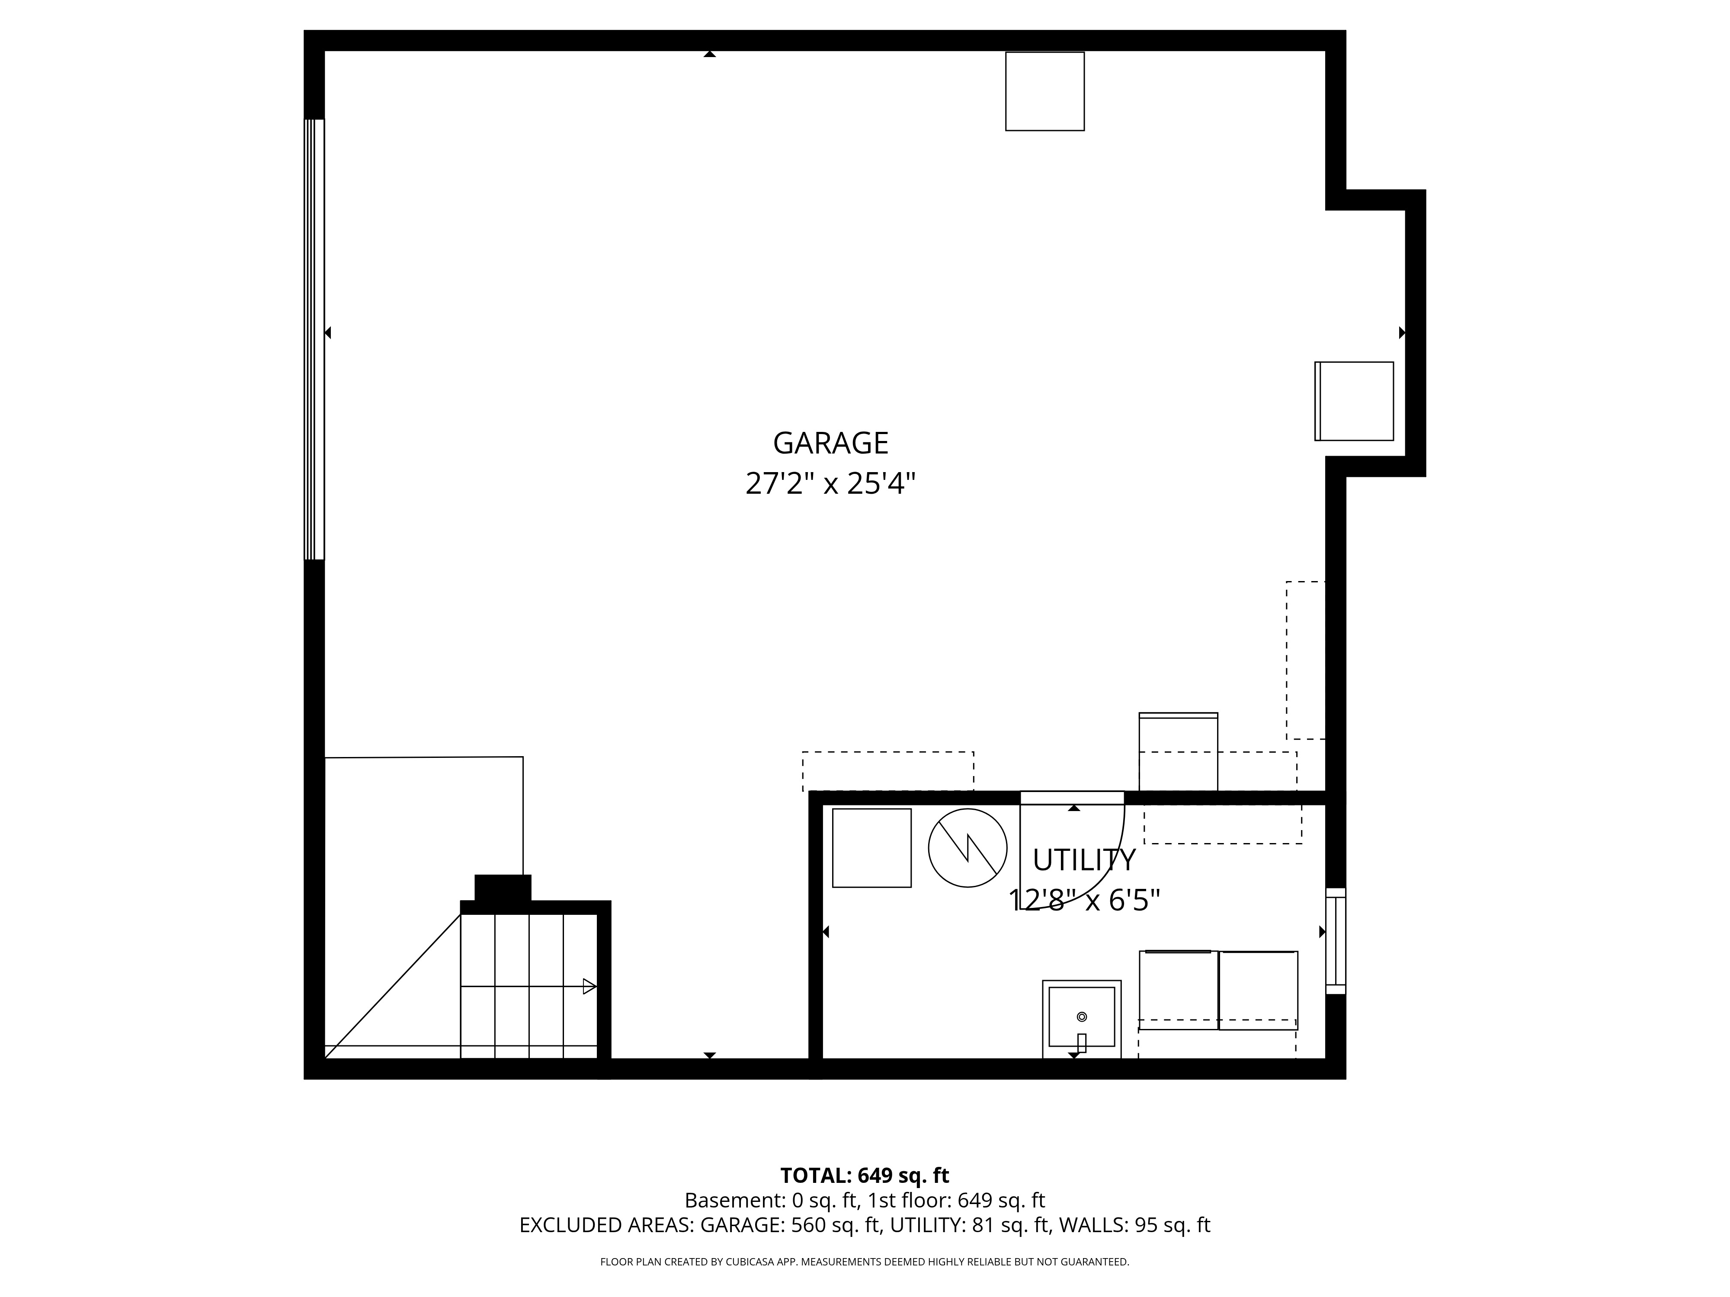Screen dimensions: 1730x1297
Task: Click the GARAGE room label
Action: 830,443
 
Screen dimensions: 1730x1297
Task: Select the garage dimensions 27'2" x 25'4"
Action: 830,484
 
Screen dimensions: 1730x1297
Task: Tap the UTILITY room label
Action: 1084,860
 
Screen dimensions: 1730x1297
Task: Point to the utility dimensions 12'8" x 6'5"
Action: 1084,901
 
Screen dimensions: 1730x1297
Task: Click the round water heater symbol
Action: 968,848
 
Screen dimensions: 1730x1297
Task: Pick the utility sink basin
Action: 1082,1016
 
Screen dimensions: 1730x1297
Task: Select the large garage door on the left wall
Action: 314,339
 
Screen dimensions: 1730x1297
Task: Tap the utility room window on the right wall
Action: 1336,941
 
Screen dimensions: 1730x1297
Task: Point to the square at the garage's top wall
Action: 1045,92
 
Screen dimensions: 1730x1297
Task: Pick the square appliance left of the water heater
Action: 872,848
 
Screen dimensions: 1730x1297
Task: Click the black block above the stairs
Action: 503,888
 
